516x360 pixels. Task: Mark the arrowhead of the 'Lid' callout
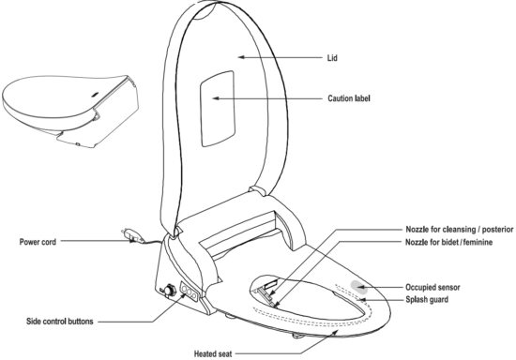pyautogui.click(x=238, y=57)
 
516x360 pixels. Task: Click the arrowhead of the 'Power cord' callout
pyautogui.click(x=130, y=241)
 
